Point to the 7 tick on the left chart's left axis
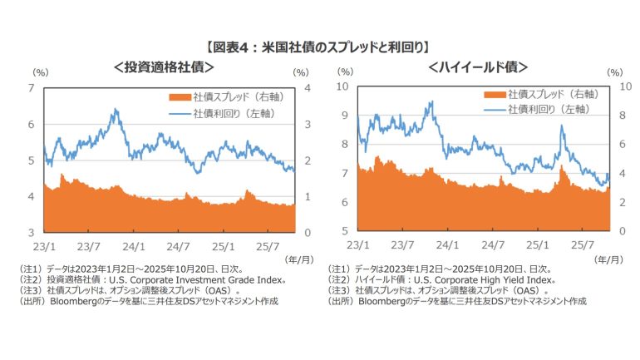(x=31, y=87)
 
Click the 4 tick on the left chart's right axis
(x=308, y=87)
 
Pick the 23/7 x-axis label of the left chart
(x=89, y=246)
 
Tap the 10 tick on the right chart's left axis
(x=342, y=86)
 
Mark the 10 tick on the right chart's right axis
(x=624, y=86)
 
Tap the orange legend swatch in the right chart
(x=494, y=94)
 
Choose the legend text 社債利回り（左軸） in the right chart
(x=551, y=109)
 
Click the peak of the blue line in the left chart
(x=113, y=109)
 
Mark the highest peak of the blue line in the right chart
(x=431, y=102)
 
